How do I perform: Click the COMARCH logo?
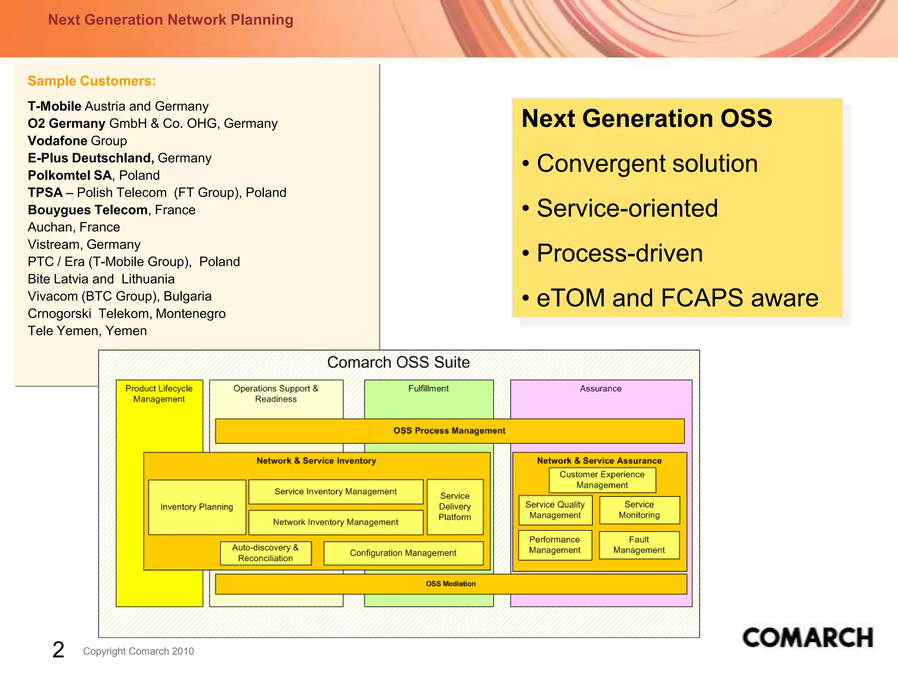pyautogui.click(x=807, y=638)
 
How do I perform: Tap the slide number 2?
pyautogui.click(x=58, y=649)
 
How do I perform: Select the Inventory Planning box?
pyautogui.click(x=197, y=507)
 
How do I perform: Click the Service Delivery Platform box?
pyautogui.click(x=455, y=507)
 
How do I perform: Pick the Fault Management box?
pyautogui.click(x=639, y=545)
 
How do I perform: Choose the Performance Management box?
pyautogui.click(x=555, y=545)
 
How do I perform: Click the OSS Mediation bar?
pyautogui.click(x=450, y=584)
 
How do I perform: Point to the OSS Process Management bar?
pyautogui.click(x=449, y=431)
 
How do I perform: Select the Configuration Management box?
pyautogui.click(x=403, y=553)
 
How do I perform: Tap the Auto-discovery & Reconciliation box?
pyautogui.click(x=265, y=553)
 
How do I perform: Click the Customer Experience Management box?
pyautogui.click(x=602, y=480)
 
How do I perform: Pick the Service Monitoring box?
pyautogui.click(x=639, y=510)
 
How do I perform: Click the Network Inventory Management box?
pyautogui.click(x=335, y=522)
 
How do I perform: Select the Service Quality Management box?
pyautogui.click(x=555, y=510)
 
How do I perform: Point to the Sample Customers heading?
pyautogui.click(x=92, y=81)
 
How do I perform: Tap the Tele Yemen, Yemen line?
pyautogui.click(x=87, y=331)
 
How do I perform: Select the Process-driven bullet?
pyautogui.click(x=619, y=253)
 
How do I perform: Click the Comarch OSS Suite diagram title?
pyautogui.click(x=398, y=362)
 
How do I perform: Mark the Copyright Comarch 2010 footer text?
pyautogui.click(x=139, y=651)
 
